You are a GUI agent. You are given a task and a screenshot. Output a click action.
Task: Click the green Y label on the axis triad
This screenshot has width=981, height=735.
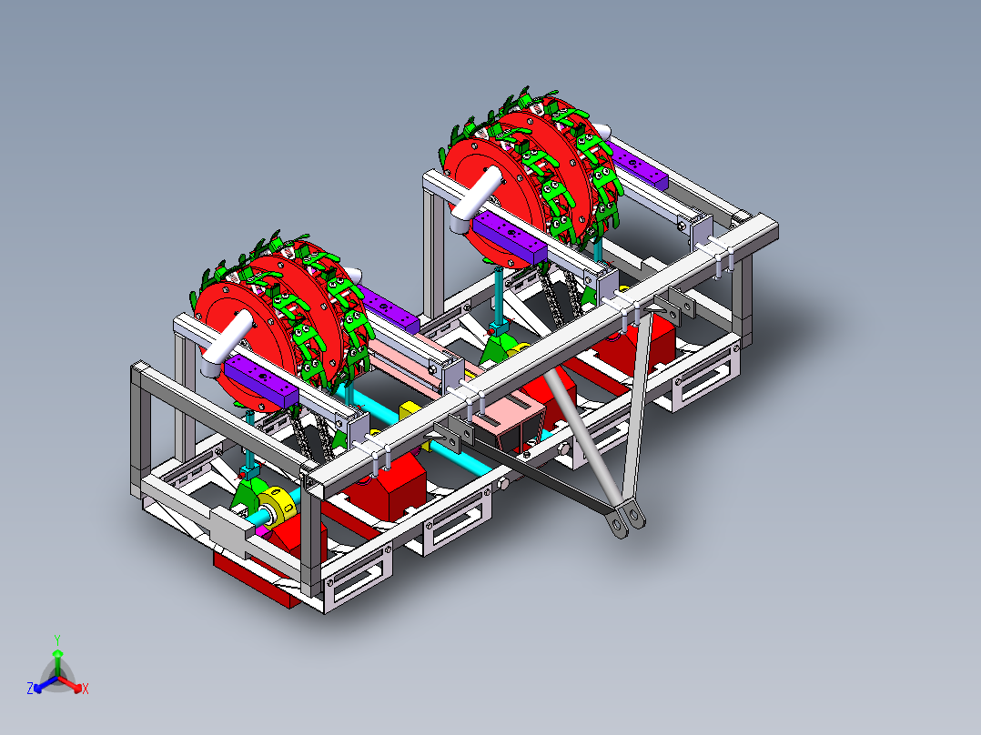(x=56, y=639)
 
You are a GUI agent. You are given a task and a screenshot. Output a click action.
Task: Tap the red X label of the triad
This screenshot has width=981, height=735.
(x=85, y=690)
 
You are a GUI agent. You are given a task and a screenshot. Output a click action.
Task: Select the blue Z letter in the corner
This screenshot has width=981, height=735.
(x=30, y=690)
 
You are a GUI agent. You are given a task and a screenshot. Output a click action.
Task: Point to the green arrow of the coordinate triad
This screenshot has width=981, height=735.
(x=56, y=659)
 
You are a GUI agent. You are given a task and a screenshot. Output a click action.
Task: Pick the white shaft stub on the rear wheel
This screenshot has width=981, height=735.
(x=472, y=200)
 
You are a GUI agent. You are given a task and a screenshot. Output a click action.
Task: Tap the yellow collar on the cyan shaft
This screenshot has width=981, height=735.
(x=274, y=505)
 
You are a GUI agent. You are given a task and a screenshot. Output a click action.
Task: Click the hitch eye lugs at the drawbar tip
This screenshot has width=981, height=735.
(x=626, y=519)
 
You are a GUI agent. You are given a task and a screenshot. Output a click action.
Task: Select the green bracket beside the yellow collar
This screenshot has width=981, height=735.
(x=247, y=496)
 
